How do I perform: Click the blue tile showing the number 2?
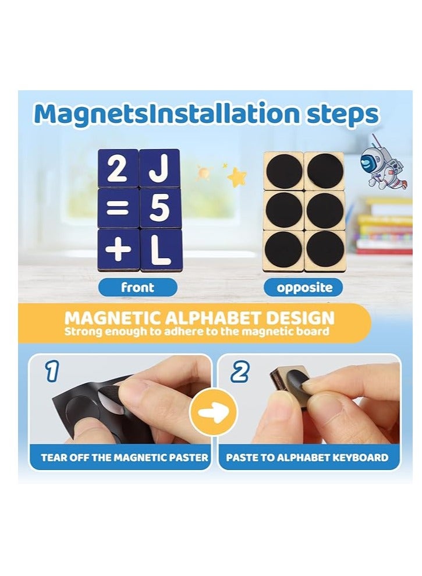coord(118,168)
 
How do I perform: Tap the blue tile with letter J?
coord(159,168)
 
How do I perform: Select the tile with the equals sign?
coord(118,209)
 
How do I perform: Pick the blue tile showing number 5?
coord(159,209)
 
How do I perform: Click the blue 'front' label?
coord(137,287)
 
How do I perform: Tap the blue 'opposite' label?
coord(304,287)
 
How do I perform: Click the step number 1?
coord(52,372)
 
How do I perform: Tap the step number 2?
coord(239,372)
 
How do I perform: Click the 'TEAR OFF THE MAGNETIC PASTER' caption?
coord(125,457)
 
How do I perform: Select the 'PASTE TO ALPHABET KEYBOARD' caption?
coord(307,457)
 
